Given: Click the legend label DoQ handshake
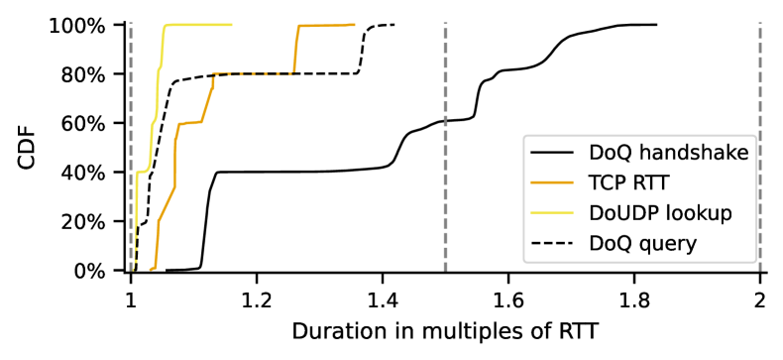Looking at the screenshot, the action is tap(668, 153).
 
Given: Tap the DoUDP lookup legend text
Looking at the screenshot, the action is tap(660, 212).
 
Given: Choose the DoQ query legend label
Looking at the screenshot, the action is tap(642, 242).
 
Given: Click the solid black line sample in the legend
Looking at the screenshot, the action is tap(552, 153).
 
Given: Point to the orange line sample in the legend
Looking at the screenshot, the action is tap(552, 182).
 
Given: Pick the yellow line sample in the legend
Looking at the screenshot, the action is tap(552, 212).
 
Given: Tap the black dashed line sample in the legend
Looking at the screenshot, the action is tap(552, 242).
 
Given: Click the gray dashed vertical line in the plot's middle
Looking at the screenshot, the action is tap(445, 79).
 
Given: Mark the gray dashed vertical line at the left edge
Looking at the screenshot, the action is tap(130, 99).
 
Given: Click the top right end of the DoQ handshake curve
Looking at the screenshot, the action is tap(656, 25).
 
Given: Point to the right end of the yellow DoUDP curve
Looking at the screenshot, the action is tap(231, 25).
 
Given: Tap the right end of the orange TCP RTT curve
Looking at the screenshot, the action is tap(354, 25).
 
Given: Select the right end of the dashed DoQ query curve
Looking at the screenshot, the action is tap(393, 25).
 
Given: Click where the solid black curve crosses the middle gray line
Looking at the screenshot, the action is tap(445, 120).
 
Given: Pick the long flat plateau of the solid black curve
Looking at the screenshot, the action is tap(297, 172).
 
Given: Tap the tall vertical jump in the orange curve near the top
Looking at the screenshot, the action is tap(295, 50).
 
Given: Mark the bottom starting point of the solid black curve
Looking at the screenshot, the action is tap(168, 270).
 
